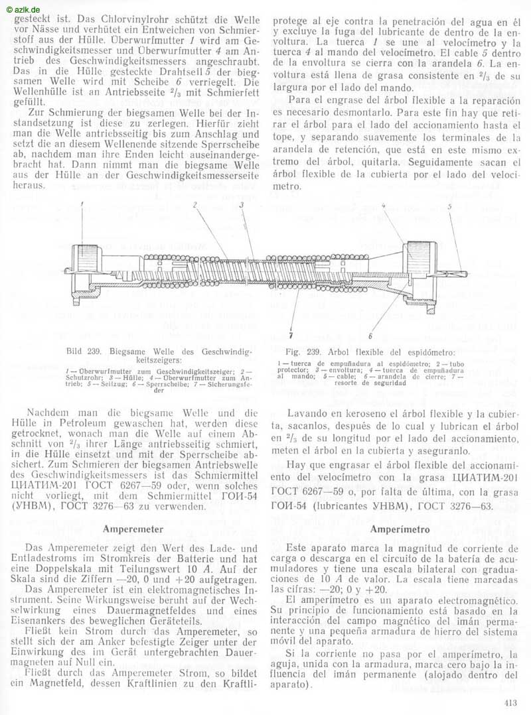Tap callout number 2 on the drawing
click(x=195, y=206)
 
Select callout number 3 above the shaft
click(x=242, y=206)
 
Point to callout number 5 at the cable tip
click(x=449, y=207)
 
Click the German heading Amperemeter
click(x=133, y=529)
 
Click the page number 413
click(x=512, y=704)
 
